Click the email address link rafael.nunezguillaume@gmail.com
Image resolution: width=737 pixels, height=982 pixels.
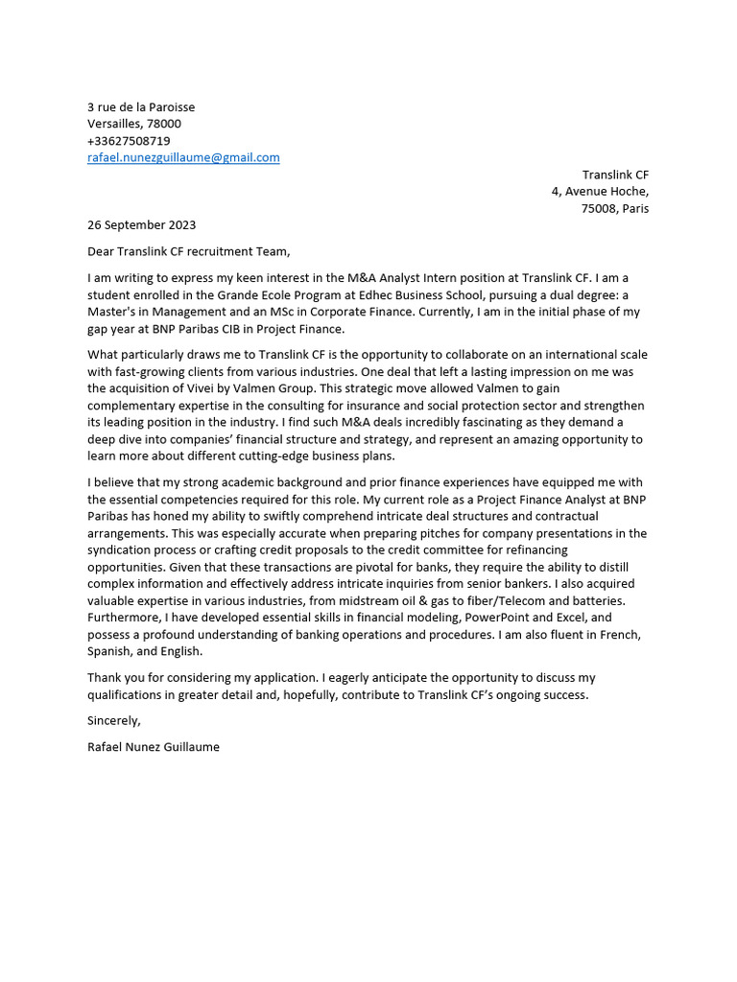click(x=183, y=157)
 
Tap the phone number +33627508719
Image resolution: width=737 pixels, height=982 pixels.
click(x=129, y=141)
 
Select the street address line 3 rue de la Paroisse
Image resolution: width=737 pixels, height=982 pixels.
click(x=141, y=107)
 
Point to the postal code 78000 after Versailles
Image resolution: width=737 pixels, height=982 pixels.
click(x=163, y=124)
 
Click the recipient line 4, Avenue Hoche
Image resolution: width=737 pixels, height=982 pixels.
click(x=600, y=192)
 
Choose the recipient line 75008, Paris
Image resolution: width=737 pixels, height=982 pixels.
click(x=615, y=208)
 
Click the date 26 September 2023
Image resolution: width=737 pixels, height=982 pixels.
click(x=141, y=225)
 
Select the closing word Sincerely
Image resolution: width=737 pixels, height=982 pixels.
click(x=113, y=720)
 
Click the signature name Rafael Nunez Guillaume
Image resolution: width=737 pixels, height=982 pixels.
click(x=153, y=746)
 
